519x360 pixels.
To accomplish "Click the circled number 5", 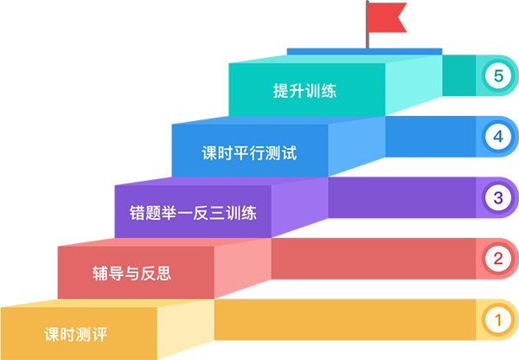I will pos(497,76).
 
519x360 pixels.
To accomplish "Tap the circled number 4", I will pos(497,136).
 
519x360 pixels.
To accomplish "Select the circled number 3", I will pos(497,197).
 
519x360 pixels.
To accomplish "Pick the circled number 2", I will pos(497,258).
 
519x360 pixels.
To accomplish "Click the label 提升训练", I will pos(304,92).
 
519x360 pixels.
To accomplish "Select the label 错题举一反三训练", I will pos(193,213).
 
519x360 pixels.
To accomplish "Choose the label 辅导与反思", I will pos(131,273).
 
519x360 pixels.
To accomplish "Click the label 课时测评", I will pos(75,333).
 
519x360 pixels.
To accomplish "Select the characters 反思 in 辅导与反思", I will pos(157,273).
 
